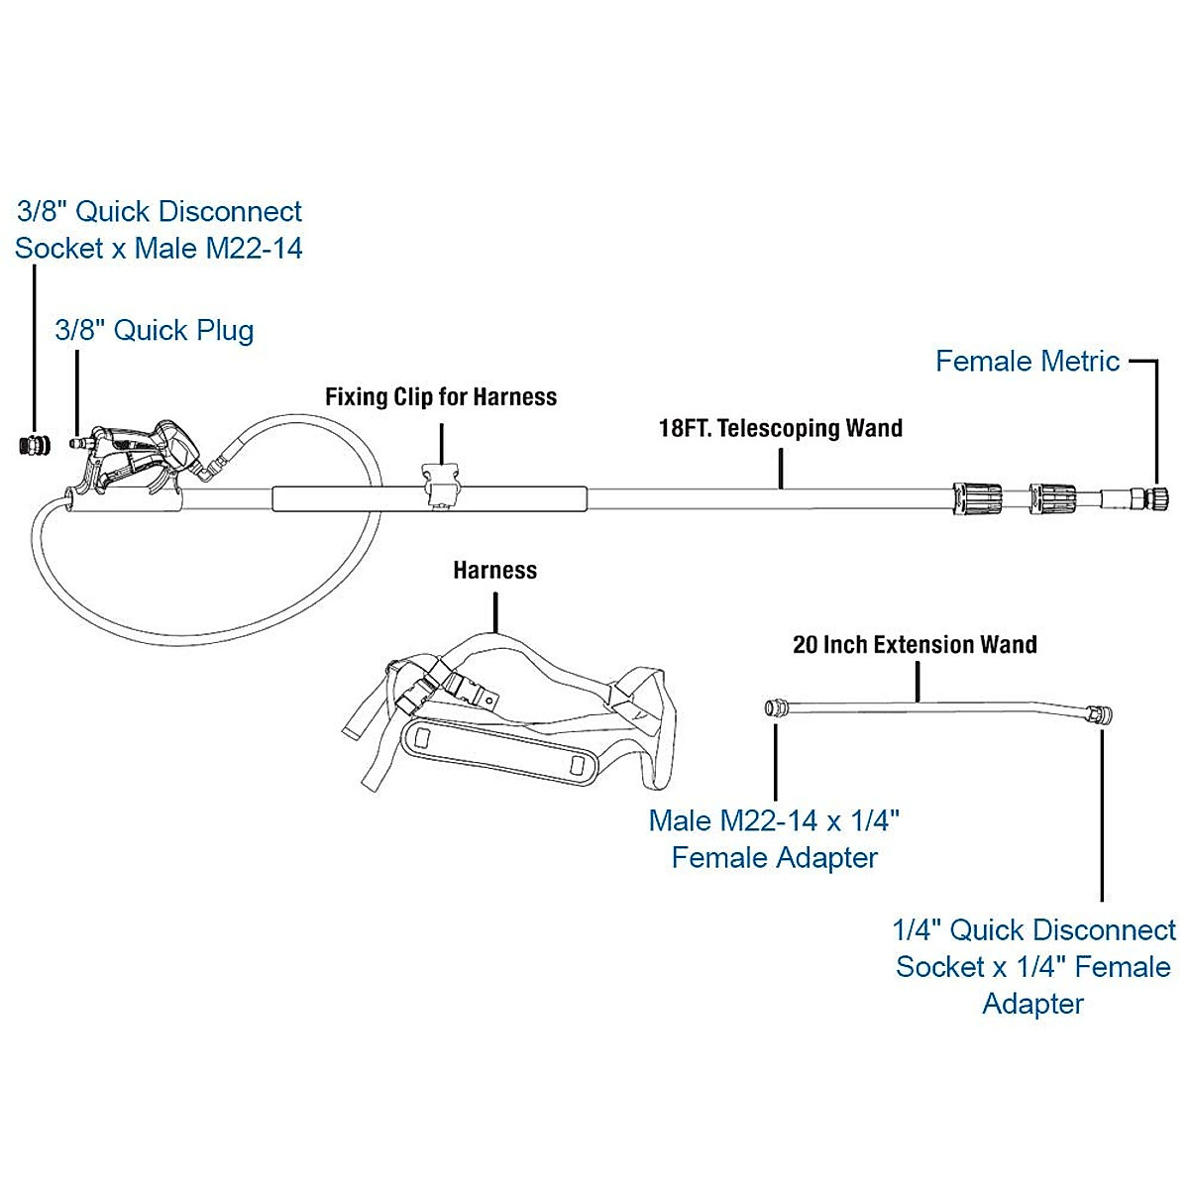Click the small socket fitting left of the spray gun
36,445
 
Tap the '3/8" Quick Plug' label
155,331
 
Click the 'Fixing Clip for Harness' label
441,396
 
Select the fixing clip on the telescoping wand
441,486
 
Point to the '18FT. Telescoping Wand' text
781,428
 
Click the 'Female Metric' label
1027,362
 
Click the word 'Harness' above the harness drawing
494,570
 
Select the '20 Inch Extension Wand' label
916,645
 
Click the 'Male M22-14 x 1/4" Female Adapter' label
775,839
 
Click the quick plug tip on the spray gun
79,443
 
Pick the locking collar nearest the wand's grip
977,498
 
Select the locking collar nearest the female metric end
1052,498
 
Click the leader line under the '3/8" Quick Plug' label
77,392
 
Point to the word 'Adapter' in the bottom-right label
1032,1004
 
